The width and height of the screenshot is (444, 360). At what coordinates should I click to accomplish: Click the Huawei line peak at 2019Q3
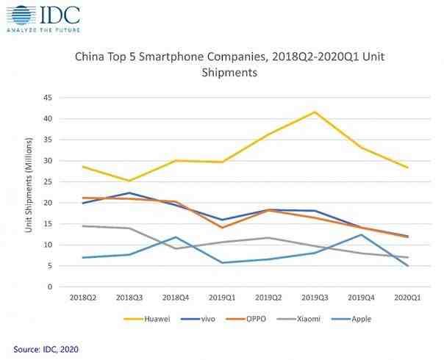click(x=315, y=112)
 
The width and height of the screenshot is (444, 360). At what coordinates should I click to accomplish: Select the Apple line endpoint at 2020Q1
click(x=406, y=266)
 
